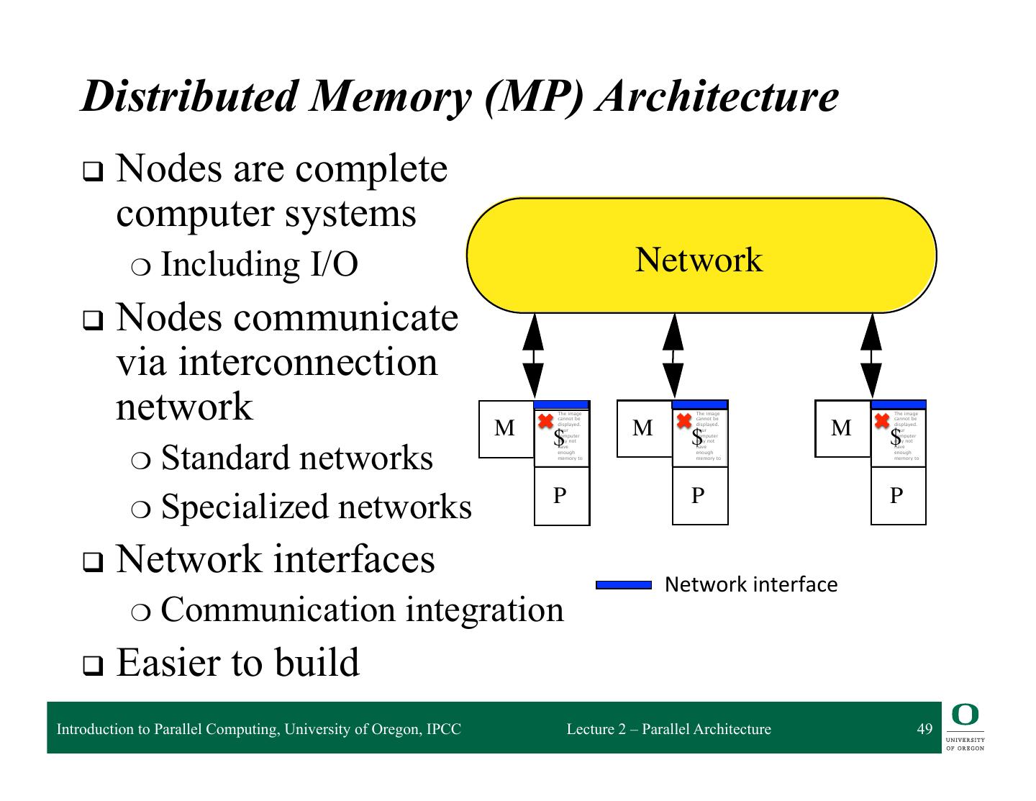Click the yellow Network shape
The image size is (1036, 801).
tap(701, 255)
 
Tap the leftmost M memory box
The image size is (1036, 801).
tap(506, 429)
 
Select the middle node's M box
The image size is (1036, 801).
tap(644, 429)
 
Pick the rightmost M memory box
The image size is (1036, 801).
tap(842, 429)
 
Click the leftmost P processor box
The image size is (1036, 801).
tap(561, 496)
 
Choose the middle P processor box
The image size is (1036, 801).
tap(699, 496)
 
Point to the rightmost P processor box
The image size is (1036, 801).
tap(897, 496)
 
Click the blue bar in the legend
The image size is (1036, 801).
tap(624, 585)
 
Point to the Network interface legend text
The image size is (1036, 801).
tap(751, 584)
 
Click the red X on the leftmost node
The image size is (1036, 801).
tap(546, 421)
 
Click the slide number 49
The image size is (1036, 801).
tap(924, 729)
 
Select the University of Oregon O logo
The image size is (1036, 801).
tap(965, 715)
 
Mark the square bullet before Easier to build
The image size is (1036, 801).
tap(93, 666)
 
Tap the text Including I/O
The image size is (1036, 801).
tap(259, 264)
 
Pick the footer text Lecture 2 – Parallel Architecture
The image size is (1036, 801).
tap(668, 729)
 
